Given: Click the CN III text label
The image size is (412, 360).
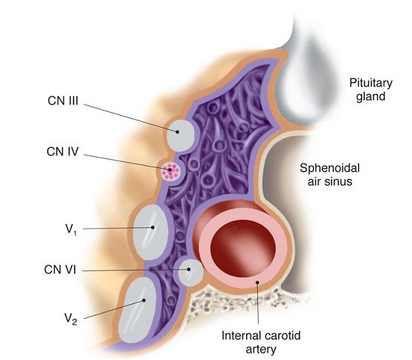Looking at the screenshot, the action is pos(63,101).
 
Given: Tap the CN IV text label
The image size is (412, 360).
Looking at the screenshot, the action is pos(63,151).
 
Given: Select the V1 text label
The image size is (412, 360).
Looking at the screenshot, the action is pos(71,229).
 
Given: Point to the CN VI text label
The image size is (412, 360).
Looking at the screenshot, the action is pos(60,269).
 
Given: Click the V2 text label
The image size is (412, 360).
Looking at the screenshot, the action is pos(71,319).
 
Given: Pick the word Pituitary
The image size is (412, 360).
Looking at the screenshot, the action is pos(371,83).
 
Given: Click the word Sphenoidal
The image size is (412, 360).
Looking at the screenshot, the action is pos(329,168).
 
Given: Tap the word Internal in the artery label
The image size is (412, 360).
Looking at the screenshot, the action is pos(240,336).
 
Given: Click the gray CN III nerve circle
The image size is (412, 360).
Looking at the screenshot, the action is pos(181,136).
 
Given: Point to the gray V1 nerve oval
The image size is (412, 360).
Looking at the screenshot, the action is pos(150,232).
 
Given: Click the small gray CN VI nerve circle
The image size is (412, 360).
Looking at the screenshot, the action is pos(190,272).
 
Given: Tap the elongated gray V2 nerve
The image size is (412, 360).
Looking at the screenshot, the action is pos(137,310).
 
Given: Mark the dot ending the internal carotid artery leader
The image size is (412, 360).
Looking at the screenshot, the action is pos(258,283).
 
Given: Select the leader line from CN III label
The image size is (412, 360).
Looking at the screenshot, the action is pos(131,118).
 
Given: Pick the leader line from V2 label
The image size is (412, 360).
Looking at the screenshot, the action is pos(114,309).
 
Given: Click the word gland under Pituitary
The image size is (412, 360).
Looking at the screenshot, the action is pos(371,97).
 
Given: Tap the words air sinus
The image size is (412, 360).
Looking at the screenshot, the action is pos(329,181).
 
